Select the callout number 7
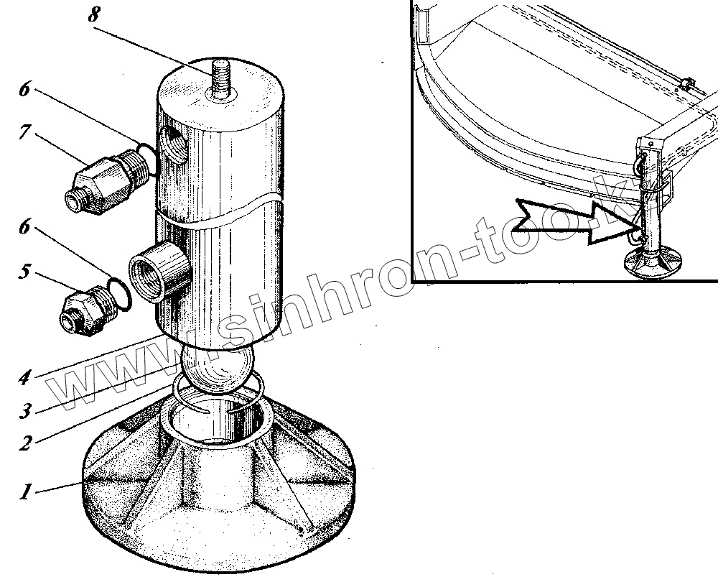click(x=25, y=134)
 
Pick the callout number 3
click(x=25, y=411)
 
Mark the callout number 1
click(x=25, y=492)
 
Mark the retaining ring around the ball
click(x=219, y=394)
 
